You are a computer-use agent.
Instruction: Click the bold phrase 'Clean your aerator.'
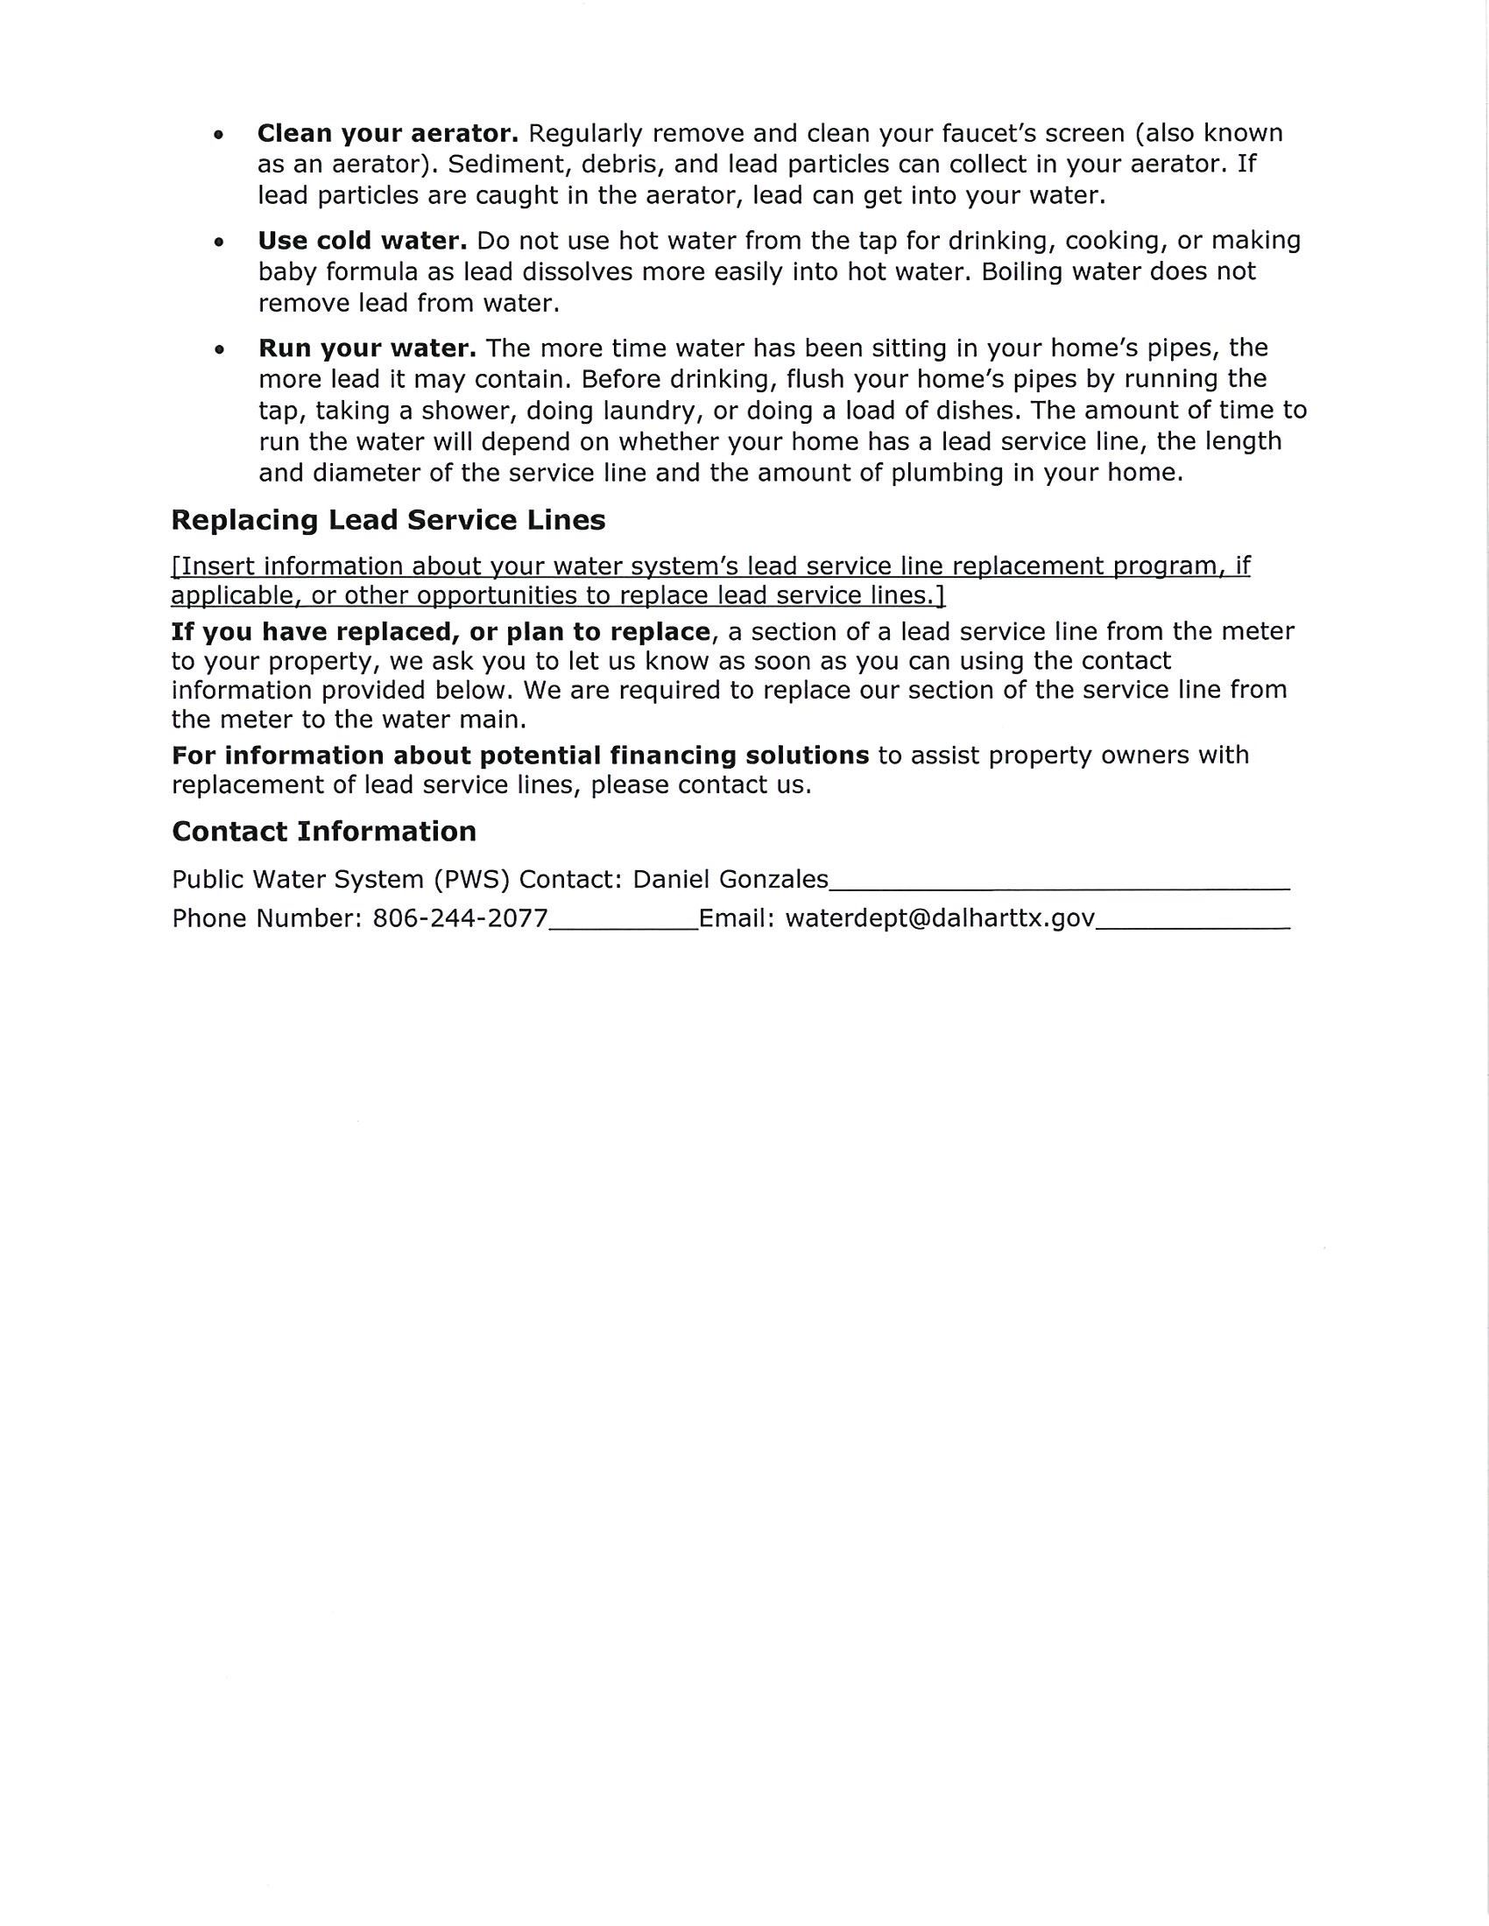tap(387, 134)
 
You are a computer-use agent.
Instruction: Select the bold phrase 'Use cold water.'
tap(362, 241)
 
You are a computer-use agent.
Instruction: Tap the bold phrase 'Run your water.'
tap(367, 348)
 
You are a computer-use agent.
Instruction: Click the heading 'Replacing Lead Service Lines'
tap(388, 520)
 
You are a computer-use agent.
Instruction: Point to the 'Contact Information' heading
tap(324, 832)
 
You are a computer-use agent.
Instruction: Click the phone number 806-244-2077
tap(461, 919)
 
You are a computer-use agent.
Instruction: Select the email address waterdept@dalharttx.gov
tap(941, 919)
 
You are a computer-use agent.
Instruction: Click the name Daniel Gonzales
tap(730, 879)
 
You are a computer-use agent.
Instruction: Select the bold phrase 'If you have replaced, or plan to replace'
tap(441, 631)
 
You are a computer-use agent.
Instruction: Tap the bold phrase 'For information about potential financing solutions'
tap(520, 756)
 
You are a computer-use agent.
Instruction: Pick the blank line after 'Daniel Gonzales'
tap(1059, 884)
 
